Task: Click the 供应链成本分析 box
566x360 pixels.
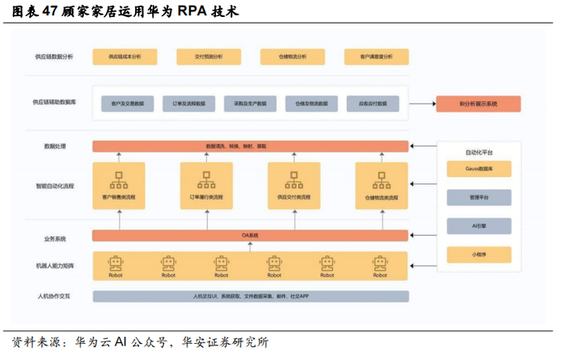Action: coord(121,57)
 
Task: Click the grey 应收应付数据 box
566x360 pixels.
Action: coord(373,104)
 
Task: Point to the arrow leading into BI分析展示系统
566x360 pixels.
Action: coord(424,104)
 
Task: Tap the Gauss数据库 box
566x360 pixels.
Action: coord(479,168)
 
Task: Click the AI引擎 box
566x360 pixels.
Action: coord(479,226)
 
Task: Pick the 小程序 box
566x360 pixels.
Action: coord(479,254)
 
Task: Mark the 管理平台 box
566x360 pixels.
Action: coord(479,197)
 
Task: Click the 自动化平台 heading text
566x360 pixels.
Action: coord(479,152)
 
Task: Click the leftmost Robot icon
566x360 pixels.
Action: coord(118,265)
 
